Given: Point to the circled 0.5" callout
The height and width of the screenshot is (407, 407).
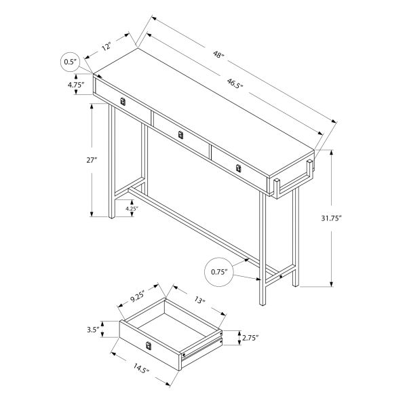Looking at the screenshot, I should click(x=69, y=62).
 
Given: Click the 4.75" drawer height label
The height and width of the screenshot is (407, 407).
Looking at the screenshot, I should click(x=75, y=85).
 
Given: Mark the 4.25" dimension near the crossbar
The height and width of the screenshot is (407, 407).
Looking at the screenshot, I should click(x=132, y=210).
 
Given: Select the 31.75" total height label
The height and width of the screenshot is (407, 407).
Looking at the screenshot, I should click(x=350, y=218).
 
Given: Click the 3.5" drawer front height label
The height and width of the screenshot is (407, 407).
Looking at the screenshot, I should click(x=93, y=330).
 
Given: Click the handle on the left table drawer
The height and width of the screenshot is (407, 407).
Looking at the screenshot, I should click(x=122, y=102).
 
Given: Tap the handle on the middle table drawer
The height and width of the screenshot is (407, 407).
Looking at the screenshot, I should click(x=180, y=135).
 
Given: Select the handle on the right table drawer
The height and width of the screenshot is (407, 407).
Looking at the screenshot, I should click(x=238, y=168).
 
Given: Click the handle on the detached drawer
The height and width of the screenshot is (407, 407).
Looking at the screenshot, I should click(x=148, y=347).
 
